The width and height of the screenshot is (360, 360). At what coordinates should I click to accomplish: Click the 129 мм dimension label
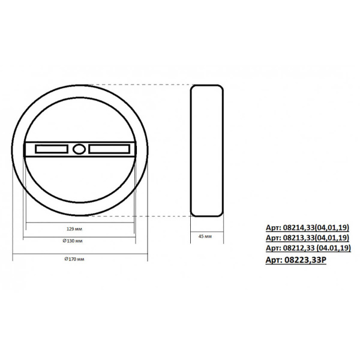pyautogui.click(x=74, y=229)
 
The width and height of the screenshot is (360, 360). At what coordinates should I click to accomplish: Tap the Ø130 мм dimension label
pyautogui.click(x=73, y=241)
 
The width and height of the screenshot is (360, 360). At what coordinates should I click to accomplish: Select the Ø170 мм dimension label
pyautogui.click(x=74, y=259)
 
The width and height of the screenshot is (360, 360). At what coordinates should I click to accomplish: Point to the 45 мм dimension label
pyautogui.click(x=205, y=236)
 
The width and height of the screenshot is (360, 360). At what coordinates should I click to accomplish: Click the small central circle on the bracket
pyautogui.click(x=79, y=149)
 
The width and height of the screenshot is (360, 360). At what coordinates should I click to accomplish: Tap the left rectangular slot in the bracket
pyautogui.click(x=52, y=149)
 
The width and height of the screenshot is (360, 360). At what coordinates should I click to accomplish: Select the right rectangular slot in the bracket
pyautogui.click(x=109, y=149)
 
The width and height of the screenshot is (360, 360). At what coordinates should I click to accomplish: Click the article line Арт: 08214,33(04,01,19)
pyautogui.click(x=307, y=227)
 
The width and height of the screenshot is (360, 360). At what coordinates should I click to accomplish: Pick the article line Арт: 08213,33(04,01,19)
pyautogui.click(x=307, y=238)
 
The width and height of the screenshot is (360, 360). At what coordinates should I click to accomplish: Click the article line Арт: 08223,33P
pyautogui.click(x=296, y=260)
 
